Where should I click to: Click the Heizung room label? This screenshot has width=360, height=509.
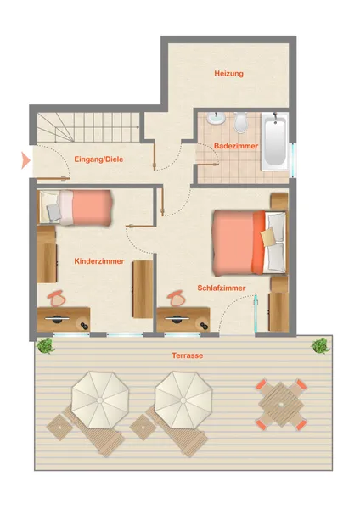(x=228, y=74)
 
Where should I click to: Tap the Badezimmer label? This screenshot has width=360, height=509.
(x=236, y=146)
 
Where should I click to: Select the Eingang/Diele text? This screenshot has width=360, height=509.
(x=98, y=159)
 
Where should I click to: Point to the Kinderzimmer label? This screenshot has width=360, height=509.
(x=99, y=261)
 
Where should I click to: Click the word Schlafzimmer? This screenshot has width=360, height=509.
(x=222, y=288)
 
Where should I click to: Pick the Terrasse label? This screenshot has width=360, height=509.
(x=188, y=355)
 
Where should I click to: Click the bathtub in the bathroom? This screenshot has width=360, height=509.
(x=275, y=142)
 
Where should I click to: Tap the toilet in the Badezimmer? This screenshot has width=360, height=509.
(x=240, y=122)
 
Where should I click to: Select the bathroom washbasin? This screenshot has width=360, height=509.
(x=216, y=118)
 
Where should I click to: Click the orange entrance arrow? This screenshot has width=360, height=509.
(x=25, y=160)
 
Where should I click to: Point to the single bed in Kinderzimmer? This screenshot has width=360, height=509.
(x=76, y=208)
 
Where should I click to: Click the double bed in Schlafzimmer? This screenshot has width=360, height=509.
(x=250, y=242)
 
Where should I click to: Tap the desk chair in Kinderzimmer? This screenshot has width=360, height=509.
(x=58, y=299)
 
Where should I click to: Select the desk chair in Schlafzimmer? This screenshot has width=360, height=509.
(x=177, y=299)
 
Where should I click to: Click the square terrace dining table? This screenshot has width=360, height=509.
(x=281, y=405)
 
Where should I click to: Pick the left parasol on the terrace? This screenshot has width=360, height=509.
(x=100, y=400)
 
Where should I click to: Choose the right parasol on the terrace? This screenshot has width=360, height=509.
(x=183, y=400)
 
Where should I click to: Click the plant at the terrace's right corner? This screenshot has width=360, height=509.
(x=321, y=346)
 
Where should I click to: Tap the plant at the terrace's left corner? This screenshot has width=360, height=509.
(x=46, y=346)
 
